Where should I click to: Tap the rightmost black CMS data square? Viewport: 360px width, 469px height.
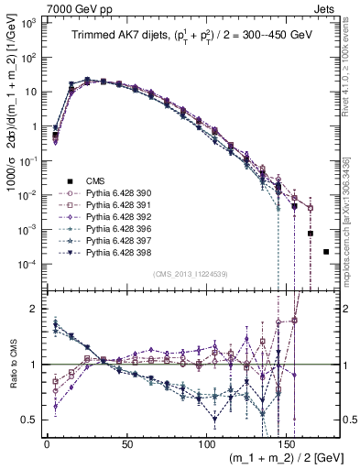[327, 251]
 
